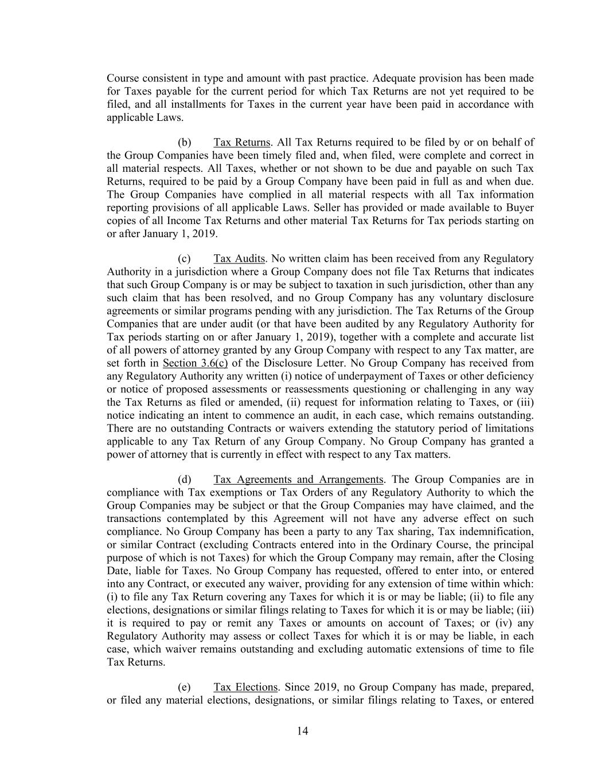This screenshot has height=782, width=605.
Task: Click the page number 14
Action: pos(303,730)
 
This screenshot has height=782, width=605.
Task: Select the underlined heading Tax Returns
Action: pos(241,142)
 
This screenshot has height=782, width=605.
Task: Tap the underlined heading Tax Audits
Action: pos(239,258)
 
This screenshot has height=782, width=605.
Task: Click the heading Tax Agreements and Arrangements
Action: pos(298,479)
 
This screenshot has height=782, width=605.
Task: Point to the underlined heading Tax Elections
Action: pos(245,687)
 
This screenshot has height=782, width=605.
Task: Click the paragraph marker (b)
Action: pos(185,142)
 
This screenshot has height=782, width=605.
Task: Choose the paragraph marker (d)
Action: pos(185,479)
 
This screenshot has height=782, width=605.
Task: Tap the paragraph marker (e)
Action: pos(185,687)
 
